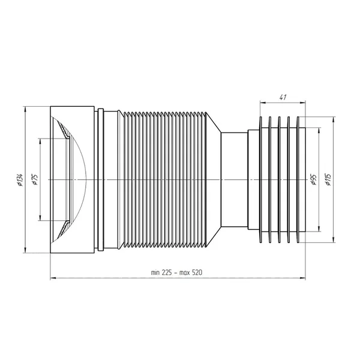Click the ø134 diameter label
point(21,180)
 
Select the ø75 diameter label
point(35,180)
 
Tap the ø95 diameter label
point(314,180)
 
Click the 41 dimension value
point(283,97)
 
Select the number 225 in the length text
point(166,272)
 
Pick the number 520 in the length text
point(197,272)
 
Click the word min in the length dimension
point(155,273)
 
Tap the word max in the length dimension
point(185,273)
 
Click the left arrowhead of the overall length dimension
point(53,278)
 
